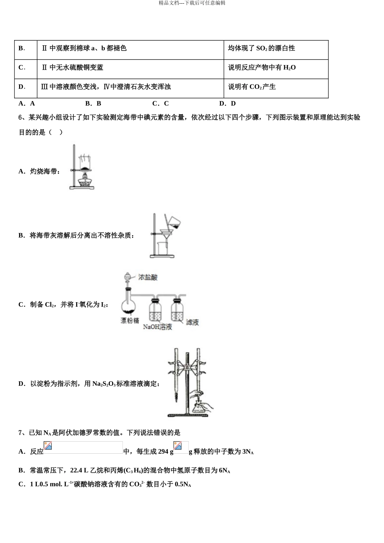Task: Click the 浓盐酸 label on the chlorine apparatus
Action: coord(148,277)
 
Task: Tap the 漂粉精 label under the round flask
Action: coord(129,320)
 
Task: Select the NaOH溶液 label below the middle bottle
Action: coord(157,326)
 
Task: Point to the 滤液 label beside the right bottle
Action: coord(192,322)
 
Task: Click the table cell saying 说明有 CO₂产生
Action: coord(252,87)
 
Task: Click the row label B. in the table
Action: coord(22,48)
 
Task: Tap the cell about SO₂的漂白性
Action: coord(262,48)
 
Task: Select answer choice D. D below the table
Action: coord(227,103)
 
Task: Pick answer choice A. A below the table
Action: coord(27,103)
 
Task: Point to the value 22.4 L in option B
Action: coord(79,470)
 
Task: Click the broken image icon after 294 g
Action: coord(177,446)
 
